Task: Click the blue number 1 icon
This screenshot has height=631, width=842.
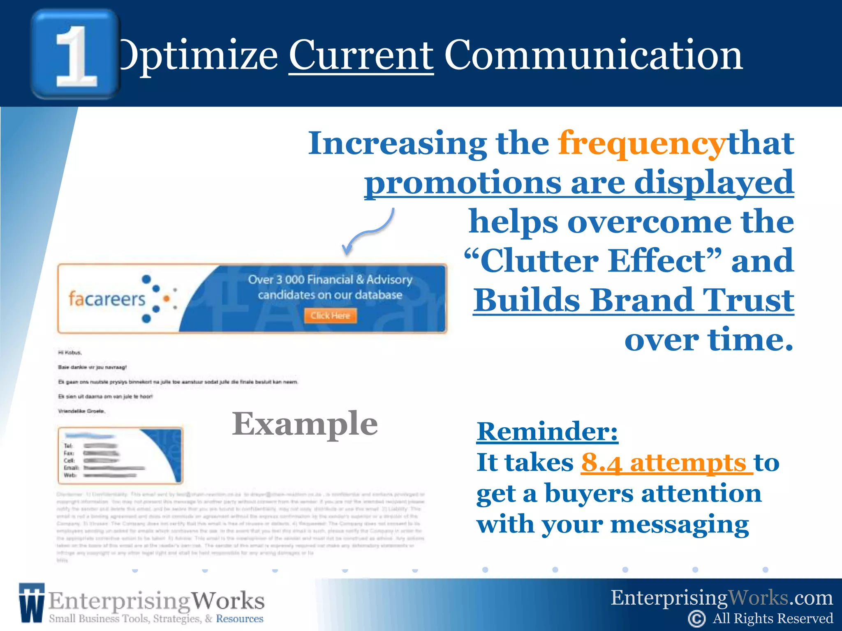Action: click(x=75, y=54)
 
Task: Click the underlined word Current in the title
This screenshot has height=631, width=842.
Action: click(x=361, y=55)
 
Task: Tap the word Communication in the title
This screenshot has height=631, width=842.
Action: click(x=593, y=55)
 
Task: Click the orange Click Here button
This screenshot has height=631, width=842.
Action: click(x=330, y=315)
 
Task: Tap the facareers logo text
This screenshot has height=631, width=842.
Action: click(x=107, y=299)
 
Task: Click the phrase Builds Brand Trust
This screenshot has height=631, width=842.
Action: click(x=633, y=300)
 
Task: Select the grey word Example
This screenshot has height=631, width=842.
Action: click(x=305, y=424)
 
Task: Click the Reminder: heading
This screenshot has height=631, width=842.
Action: click(x=547, y=431)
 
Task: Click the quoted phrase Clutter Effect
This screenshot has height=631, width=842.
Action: click(x=592, y=261)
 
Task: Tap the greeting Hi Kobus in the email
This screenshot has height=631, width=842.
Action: click(x=70, y=352)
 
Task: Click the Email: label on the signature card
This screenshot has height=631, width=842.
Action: click(x=71, y=468)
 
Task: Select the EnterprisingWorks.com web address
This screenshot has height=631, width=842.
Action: click(x=722, y=598)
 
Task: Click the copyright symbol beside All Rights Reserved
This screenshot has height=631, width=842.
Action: click(x=696, y=619)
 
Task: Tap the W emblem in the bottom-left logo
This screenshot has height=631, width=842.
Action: click(x=31, y=603)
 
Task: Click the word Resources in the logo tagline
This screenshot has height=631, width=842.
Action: click(x=239, y=619)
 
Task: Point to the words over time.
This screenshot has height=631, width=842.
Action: click(x=708, y=340)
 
